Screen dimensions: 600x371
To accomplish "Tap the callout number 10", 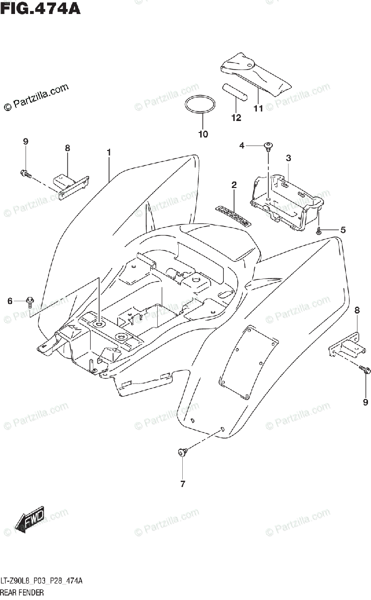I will point(203,134).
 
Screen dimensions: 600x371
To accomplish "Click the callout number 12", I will point(236,118).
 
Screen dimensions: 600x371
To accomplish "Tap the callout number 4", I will point(241,145).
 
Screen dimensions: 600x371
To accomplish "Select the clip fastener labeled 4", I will point(270,146).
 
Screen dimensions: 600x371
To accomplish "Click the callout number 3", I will point(288,158).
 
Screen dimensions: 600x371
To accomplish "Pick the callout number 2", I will point(234,185).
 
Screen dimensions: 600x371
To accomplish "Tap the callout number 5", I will point(343,230).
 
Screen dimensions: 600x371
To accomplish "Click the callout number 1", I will point(108,151).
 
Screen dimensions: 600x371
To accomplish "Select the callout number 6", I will point(10,300).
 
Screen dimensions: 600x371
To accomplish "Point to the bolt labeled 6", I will point(30,300).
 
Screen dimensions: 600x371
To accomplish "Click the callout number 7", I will point(182,484).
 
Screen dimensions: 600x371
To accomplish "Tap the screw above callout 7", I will point(182,452).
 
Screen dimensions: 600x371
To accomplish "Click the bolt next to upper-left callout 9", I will point(25,173).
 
